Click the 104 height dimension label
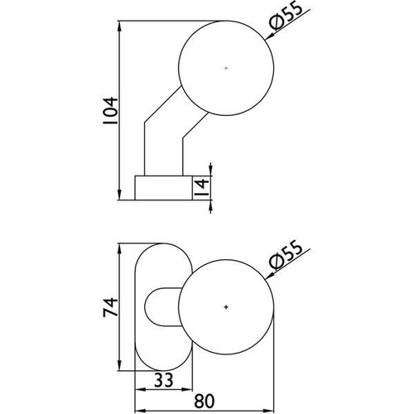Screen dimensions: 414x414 [110, 112]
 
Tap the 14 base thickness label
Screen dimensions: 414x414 [201, 188]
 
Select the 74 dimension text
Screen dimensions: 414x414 [110, 307]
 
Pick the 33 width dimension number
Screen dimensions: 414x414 [163, 380]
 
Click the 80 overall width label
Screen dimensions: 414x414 [205, 402]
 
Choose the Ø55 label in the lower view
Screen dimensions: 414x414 [286, 254]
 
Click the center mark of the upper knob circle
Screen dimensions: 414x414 [226, 68]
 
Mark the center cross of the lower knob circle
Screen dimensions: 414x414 [226, 307]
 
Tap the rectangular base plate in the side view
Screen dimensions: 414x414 [163, 187]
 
